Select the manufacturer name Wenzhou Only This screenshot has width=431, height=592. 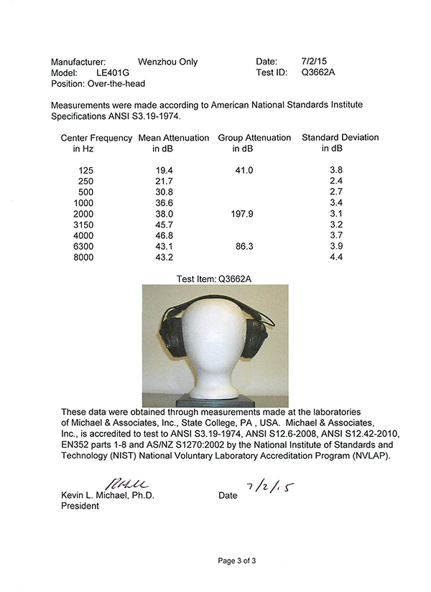[167, 62]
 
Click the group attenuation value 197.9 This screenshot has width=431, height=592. [242, 214]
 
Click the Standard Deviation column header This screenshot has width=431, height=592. [340, 138]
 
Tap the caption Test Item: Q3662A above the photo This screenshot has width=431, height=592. [215, 278]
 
